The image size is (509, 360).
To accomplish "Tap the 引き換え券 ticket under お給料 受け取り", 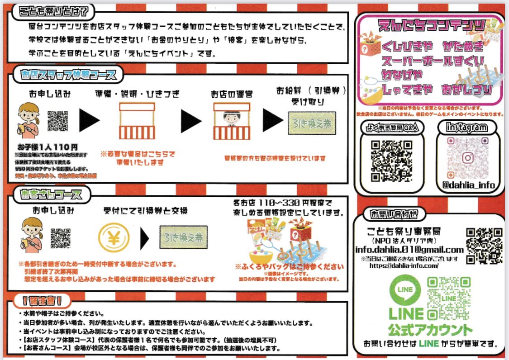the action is [312, 123].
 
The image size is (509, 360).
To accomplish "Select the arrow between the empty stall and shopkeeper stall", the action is [191, 121].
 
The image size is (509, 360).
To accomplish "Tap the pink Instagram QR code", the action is [468, 158].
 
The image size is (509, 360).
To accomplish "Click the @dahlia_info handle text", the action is [468, 185].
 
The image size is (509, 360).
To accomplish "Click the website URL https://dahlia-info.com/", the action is [404, 265].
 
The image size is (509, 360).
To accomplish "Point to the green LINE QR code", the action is [448, 298].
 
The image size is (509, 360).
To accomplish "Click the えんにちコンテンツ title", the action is [431, 25].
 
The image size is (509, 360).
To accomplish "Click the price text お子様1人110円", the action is [48, 147].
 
